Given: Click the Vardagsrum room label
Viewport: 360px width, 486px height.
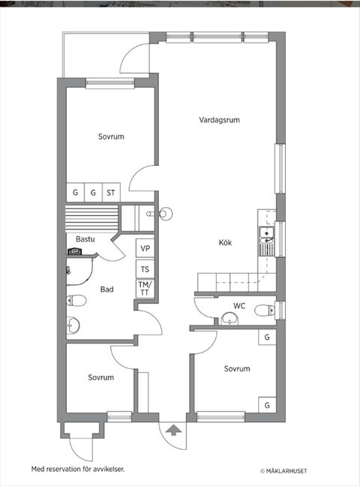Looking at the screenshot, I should (219, 120).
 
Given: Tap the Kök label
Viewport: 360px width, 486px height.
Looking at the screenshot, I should (226, 243).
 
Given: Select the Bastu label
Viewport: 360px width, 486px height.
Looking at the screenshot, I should (85, 239).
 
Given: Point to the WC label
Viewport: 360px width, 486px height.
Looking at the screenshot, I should (239, 305).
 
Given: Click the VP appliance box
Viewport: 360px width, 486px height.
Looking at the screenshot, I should (145, 248).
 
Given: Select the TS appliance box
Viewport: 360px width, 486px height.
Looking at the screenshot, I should (145, 268).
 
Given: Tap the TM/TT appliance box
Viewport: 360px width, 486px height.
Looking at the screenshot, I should (145, 289).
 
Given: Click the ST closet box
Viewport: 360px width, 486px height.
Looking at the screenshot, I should (111, 193).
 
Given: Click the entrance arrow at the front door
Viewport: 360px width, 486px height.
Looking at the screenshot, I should (174, 430).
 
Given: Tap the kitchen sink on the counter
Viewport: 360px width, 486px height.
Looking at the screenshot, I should (265, 240).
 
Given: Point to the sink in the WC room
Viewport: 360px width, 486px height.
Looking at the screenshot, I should (229, 319).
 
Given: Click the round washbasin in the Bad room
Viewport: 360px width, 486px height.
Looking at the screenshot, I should (73, 325).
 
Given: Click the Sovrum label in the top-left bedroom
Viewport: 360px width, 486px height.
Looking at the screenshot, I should (110, 136).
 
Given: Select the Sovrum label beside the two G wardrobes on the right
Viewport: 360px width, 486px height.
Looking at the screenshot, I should (237, 369).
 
